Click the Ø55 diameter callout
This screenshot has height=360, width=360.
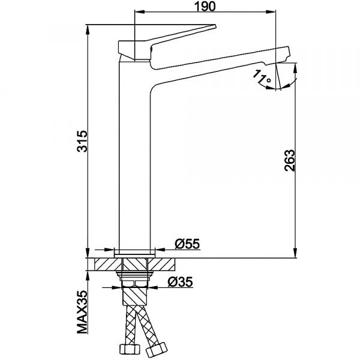point(187,244)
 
